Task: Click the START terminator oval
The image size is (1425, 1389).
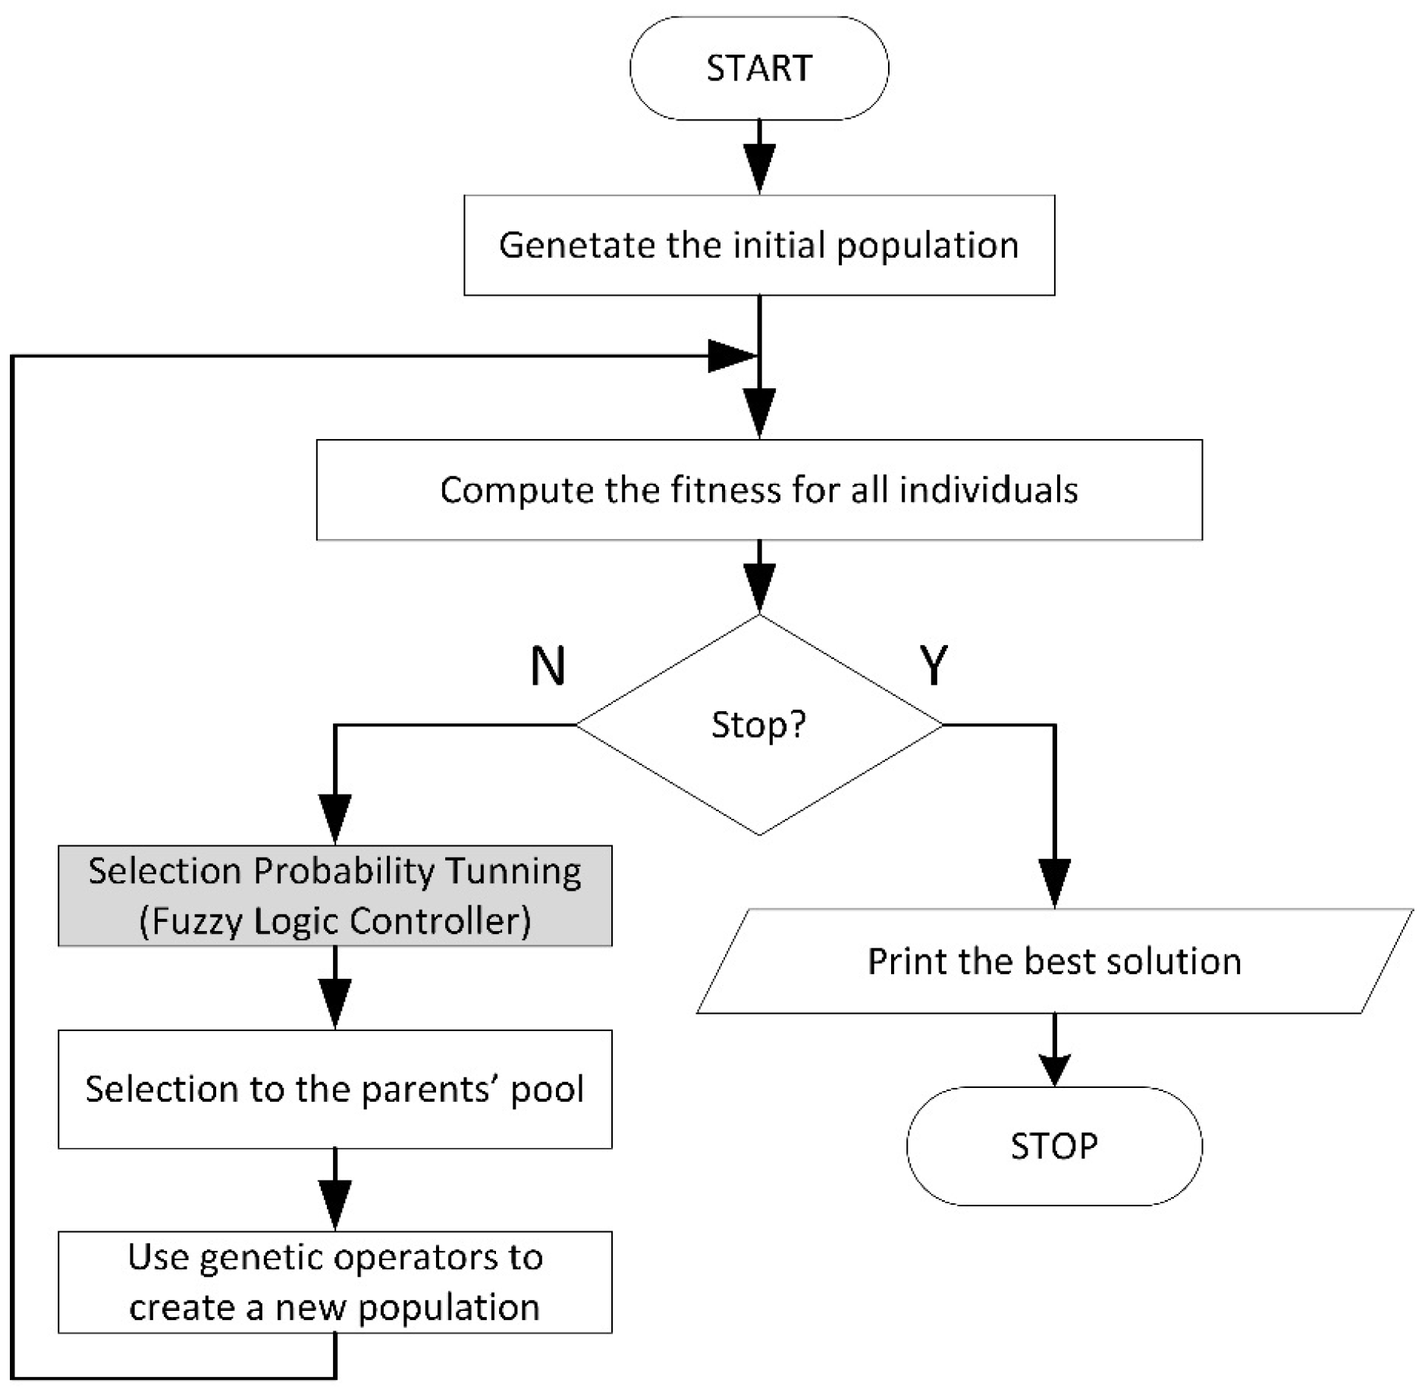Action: click(x=758, y=68)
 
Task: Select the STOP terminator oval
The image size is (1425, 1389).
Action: click(x=1053, y=1146)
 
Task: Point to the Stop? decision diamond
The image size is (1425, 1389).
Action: click(x=758, y=726)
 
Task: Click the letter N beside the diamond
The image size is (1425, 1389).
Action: click(x=548, y=666)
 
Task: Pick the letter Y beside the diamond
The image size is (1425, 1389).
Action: click(x=934, y=666)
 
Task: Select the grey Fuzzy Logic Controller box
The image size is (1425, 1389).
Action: click(x=334, y=896)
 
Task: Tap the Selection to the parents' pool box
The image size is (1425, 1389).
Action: click(x=334, y=1090)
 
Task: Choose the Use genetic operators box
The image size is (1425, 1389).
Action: click(x=334, y=1282)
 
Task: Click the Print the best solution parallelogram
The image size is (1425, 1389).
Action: click(x=1053, y=961)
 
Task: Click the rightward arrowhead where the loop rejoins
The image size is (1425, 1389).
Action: click(x=731, y=356)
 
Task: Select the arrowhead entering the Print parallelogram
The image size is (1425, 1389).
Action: click(x=1054, y=883)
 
